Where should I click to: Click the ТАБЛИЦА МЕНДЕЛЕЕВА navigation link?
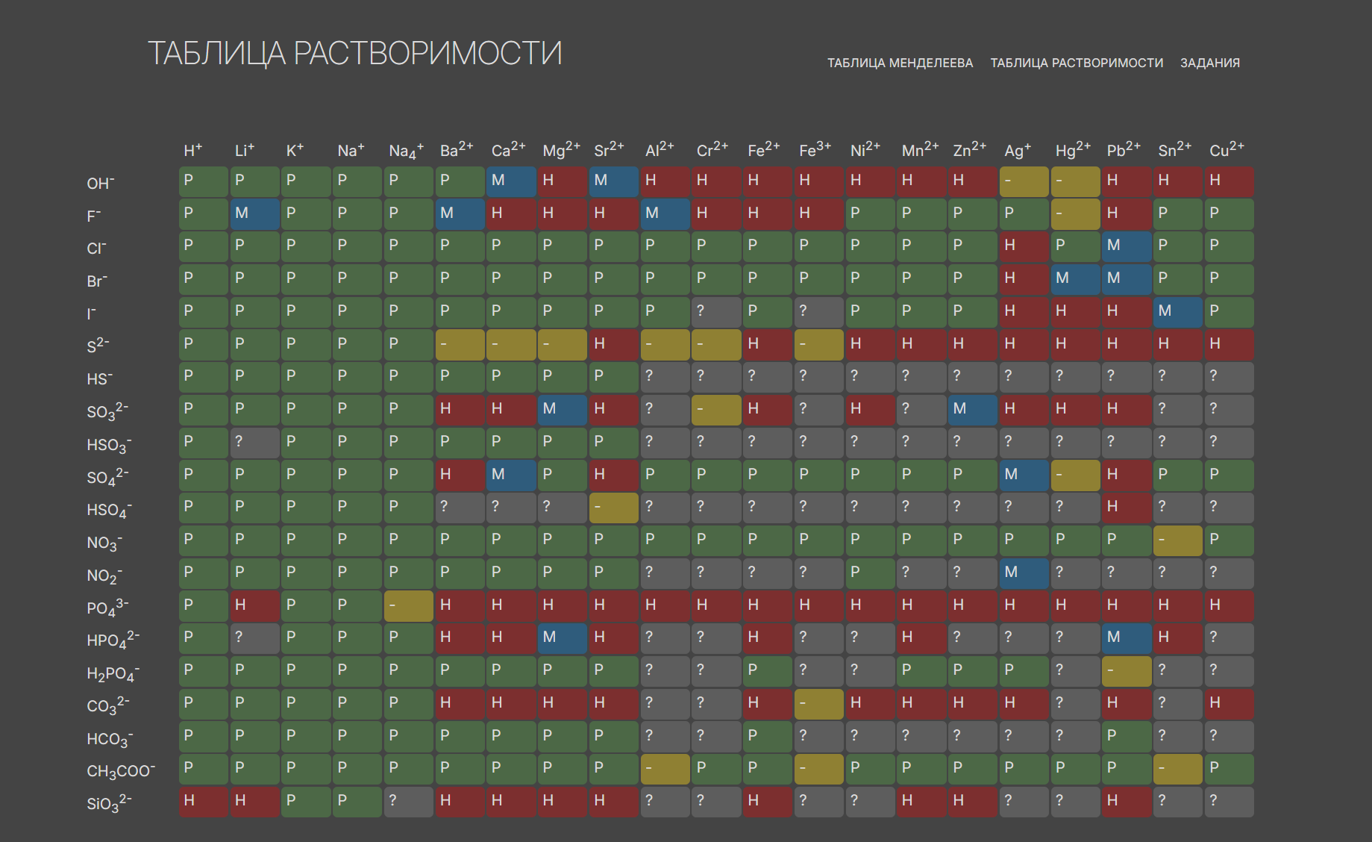click(900, 63)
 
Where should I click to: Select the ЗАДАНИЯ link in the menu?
click(1209, 63)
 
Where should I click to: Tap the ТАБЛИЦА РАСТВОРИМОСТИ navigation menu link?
click(1077, 63)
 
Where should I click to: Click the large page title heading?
click(355, 54)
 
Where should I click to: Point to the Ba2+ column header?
click(457, 150)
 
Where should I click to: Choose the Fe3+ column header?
click(815, 150)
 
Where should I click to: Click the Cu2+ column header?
click(1227, 150)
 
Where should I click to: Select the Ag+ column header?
click(1018, 150)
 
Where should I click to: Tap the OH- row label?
click(101, 183)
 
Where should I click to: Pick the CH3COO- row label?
click(121, 770)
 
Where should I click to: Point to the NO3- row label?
click(104, 543)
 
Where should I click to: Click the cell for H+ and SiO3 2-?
click(204, 802)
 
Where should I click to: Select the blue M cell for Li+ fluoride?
click(255, 214)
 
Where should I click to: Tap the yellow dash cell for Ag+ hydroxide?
click(1024, 181)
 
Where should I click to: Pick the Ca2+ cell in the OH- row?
click(511, 181)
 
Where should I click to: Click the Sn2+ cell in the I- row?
click(1178, 312)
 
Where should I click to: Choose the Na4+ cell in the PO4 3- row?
click(409, 606)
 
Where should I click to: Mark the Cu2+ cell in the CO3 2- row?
click(1230, 704)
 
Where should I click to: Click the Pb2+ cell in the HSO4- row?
click(1127, 508)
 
